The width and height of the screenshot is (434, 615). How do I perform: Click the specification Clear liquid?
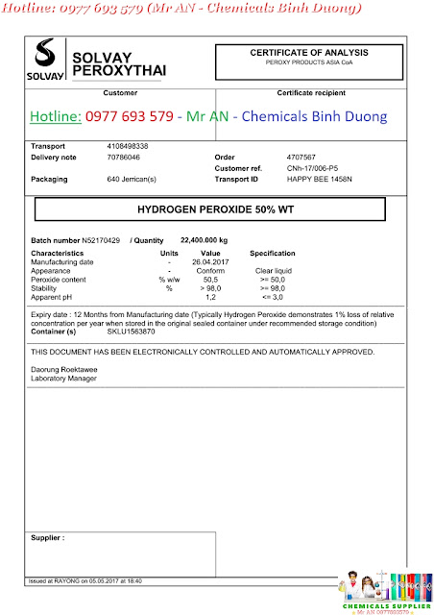(273, 270)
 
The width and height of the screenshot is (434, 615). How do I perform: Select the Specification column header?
(273, 253)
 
